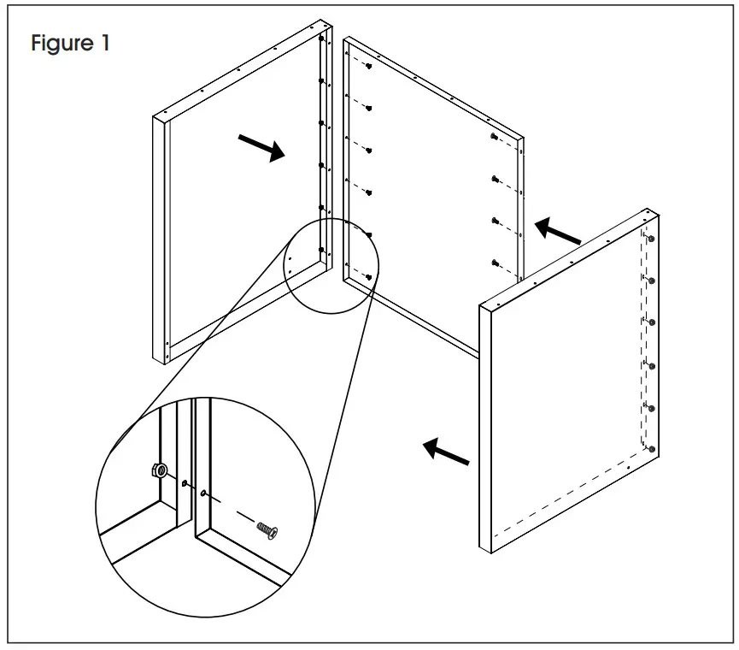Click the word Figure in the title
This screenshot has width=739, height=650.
(x=62, y=43)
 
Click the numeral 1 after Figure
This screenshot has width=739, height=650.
(x=103, y=43)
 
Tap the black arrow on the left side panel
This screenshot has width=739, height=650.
(x=262, y=147)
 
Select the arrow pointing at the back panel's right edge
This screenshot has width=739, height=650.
(x=557, y=231)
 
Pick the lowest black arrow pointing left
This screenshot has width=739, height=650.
(x=447, y=452)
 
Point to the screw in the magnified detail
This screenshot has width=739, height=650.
(x=268, y=530)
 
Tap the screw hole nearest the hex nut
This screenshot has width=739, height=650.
(x=184, y=484)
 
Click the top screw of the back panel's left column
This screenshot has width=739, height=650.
(x=367, y=67)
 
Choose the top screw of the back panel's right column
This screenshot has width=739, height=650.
(x=495, y=137)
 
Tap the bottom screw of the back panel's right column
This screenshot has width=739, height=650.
(x=496, y=262)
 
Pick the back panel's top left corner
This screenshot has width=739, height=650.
(x=344, y=38)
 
